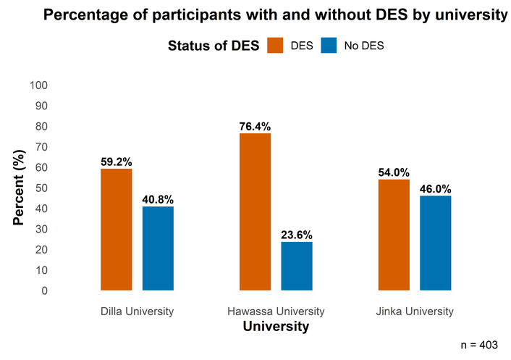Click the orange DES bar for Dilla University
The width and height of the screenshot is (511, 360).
coord(116,230)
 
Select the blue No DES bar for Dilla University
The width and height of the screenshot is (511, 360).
coord(158,248)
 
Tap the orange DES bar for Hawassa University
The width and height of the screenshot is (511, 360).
coord(255,212)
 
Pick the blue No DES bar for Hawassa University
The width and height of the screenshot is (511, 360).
coord(297,266)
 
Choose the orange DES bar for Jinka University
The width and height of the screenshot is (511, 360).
coord(394,235)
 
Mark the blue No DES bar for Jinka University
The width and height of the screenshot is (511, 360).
coord(436,243)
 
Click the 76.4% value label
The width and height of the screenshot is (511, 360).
coord(255,127)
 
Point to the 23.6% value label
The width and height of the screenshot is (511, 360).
coord(297,235)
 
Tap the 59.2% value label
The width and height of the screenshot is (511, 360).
coord(116,162)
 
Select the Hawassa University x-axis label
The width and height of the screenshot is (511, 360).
coord(276,311)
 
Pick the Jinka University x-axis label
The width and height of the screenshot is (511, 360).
coord(415,311)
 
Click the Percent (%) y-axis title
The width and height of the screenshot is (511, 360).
coord(20,188)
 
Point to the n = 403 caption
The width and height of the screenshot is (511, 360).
coord(479,345)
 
